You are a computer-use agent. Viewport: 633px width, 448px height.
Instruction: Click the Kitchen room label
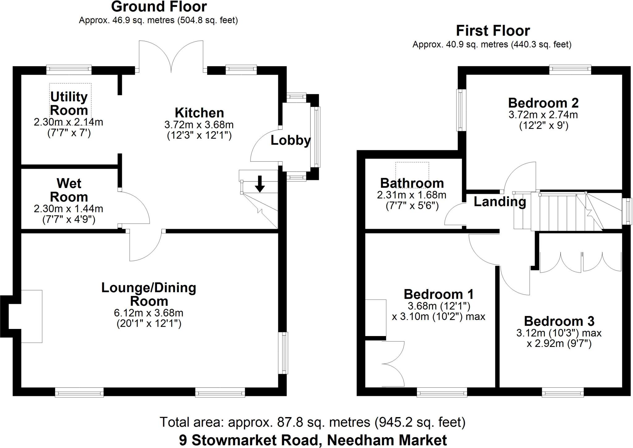click(199, 113)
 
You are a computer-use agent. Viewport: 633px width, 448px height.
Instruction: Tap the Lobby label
click(291, 141)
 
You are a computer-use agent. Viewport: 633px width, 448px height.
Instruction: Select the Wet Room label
click(69, 190)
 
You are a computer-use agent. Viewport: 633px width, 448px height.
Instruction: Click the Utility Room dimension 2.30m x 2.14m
click(68, 122)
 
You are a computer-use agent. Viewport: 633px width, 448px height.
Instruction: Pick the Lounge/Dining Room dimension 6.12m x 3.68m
click(149, 313)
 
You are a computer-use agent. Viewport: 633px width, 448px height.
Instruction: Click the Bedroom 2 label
click(543, 103)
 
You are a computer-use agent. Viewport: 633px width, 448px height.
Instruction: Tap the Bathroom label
click(412, 183)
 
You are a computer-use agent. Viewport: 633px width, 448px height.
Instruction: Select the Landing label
click(500, 202)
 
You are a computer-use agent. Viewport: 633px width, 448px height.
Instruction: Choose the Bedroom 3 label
click(559, 321)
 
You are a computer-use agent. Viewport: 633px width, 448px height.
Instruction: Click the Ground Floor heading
click(159, 7)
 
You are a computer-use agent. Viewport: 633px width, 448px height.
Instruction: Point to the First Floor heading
click(493, 31)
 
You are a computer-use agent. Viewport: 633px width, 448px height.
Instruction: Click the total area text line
click(312, 422)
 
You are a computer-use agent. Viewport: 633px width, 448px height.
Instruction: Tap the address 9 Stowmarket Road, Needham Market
click(313, 440)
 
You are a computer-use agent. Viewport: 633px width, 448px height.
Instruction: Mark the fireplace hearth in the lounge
click(32, 316)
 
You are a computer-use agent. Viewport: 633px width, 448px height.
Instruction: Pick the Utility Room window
click(69, 70)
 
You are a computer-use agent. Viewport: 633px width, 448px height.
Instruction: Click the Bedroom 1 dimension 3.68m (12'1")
click(439, 306)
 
